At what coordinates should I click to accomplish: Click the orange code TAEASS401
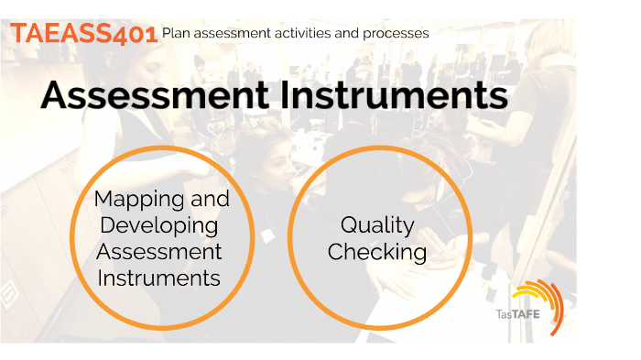coord(83,33)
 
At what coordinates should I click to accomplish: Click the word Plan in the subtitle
coord(176,33)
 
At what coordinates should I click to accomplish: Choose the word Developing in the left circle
coord(161,225)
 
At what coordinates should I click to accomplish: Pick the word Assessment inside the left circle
coord(161,251)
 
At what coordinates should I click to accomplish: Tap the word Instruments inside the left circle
coord(161,278)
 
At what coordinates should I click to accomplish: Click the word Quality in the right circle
coord(377,225)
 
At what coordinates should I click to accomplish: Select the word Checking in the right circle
coord(377,252)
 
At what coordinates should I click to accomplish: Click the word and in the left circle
coord(207,199)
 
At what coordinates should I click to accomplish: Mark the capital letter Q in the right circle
coord(349,225)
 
